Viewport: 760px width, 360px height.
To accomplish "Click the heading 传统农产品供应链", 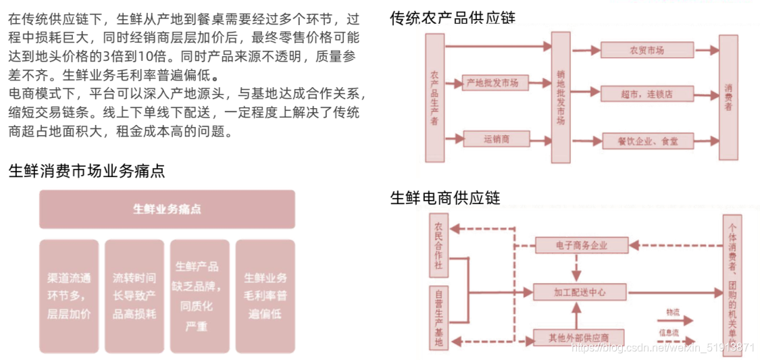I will [453, 18].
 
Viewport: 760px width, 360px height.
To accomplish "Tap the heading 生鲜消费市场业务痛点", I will [86, 171].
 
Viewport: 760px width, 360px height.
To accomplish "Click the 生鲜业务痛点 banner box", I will [167, 209].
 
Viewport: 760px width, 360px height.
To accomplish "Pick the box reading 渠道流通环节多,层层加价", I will [69, 296].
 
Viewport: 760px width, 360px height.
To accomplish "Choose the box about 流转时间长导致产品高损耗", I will [134, 296].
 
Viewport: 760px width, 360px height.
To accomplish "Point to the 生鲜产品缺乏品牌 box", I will [199, 296].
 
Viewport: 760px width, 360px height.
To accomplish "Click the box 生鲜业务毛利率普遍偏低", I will [265, 296].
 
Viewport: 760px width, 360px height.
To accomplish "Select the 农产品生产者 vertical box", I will [434, 98].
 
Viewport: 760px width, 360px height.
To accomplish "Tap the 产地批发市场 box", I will [496, 83].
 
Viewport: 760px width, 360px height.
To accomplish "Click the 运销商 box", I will [496, 139].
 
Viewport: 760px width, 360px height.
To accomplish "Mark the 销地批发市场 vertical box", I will [561, 98].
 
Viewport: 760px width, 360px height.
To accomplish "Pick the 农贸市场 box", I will [647, 50].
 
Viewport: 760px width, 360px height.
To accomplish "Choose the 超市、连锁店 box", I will [647, 94].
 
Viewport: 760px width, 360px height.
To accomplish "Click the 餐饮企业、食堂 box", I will [647, 141].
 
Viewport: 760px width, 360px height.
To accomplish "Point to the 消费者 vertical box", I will [728, 98].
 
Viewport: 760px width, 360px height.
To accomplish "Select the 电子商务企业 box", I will [580, 245].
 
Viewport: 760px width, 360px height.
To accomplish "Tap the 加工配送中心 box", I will [580, 292].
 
